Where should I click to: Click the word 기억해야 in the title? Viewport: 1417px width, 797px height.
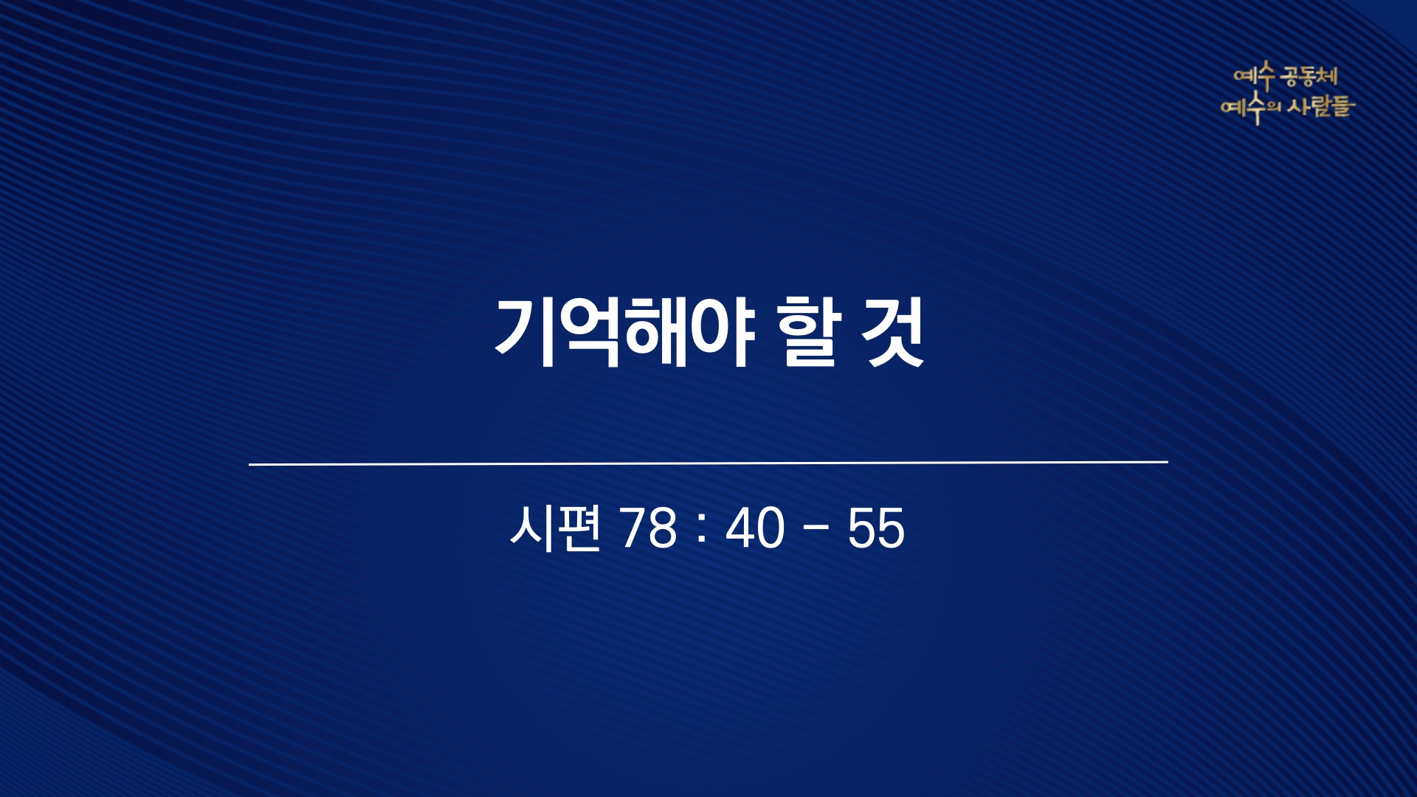click(624, 333)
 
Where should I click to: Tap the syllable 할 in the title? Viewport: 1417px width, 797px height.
click(809, 332)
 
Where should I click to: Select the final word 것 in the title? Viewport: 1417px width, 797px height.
click(894, 332)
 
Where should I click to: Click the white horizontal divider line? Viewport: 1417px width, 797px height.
click(708, 463)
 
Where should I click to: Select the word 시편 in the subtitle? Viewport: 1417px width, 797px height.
click(555, 528)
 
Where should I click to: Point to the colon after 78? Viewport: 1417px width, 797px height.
click(702, 528)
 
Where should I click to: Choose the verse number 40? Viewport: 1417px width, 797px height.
click(755, 528)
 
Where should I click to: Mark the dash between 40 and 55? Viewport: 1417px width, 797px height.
click(816, 529)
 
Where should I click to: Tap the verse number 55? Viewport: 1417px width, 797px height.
click(876, 528)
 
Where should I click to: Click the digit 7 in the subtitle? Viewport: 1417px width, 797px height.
click(635, 528)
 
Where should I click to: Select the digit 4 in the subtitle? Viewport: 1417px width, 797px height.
click(740, 528)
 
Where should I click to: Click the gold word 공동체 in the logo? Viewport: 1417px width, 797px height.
click(1309, 76)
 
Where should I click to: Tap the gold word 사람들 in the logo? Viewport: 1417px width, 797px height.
click(1322, 107)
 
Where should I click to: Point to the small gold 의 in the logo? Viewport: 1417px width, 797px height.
click(1274, 108)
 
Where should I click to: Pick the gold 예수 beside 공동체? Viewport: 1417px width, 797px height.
click(1255, 76)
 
